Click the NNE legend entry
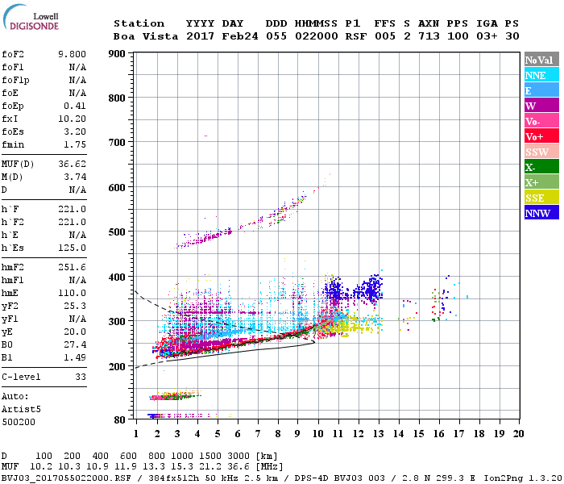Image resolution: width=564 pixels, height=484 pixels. [x=541, y=75]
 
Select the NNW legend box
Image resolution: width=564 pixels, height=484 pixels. [x=541, y=213]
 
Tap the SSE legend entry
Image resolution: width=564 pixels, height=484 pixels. [x=541, y=198]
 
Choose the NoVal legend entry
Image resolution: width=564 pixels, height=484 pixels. [x=541, y=60]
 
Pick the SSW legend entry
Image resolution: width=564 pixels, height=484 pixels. [x=541, y=152]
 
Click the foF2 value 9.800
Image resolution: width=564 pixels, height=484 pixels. [x=72, y=54]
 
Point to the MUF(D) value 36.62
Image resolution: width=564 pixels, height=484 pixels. [x=72, y=163]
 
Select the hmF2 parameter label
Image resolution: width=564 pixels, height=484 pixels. [x=15, y=267]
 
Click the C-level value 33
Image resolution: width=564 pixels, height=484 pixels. [x=80, y=376]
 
